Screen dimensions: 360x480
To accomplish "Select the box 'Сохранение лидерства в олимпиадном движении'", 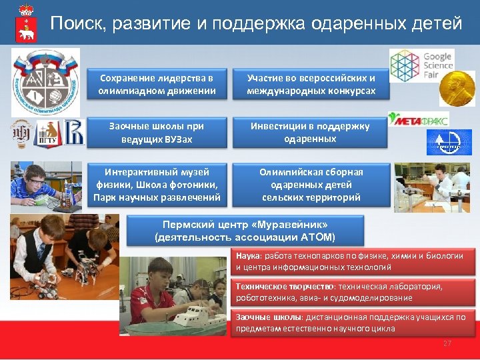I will pyautogui.click(x=157, y=85).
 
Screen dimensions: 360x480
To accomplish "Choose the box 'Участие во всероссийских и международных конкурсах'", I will pyautogui.click(x=311, y=85).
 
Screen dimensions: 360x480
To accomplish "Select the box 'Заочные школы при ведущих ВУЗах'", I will pyautogui.click(x=157, y=133).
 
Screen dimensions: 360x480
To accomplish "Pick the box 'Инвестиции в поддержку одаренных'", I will pyautogui.click(x=311, y=133).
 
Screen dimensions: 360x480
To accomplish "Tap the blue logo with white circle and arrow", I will pyautogui.click(x=449, y=142).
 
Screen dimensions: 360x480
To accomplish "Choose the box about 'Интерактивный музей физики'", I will pyautogui.click(x=157, y=185).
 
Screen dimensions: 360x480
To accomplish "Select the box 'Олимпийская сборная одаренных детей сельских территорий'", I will pyautogui.click(x=311, y=185).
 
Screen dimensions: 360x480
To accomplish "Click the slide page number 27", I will pyautogui.click(x=447, y=343).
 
